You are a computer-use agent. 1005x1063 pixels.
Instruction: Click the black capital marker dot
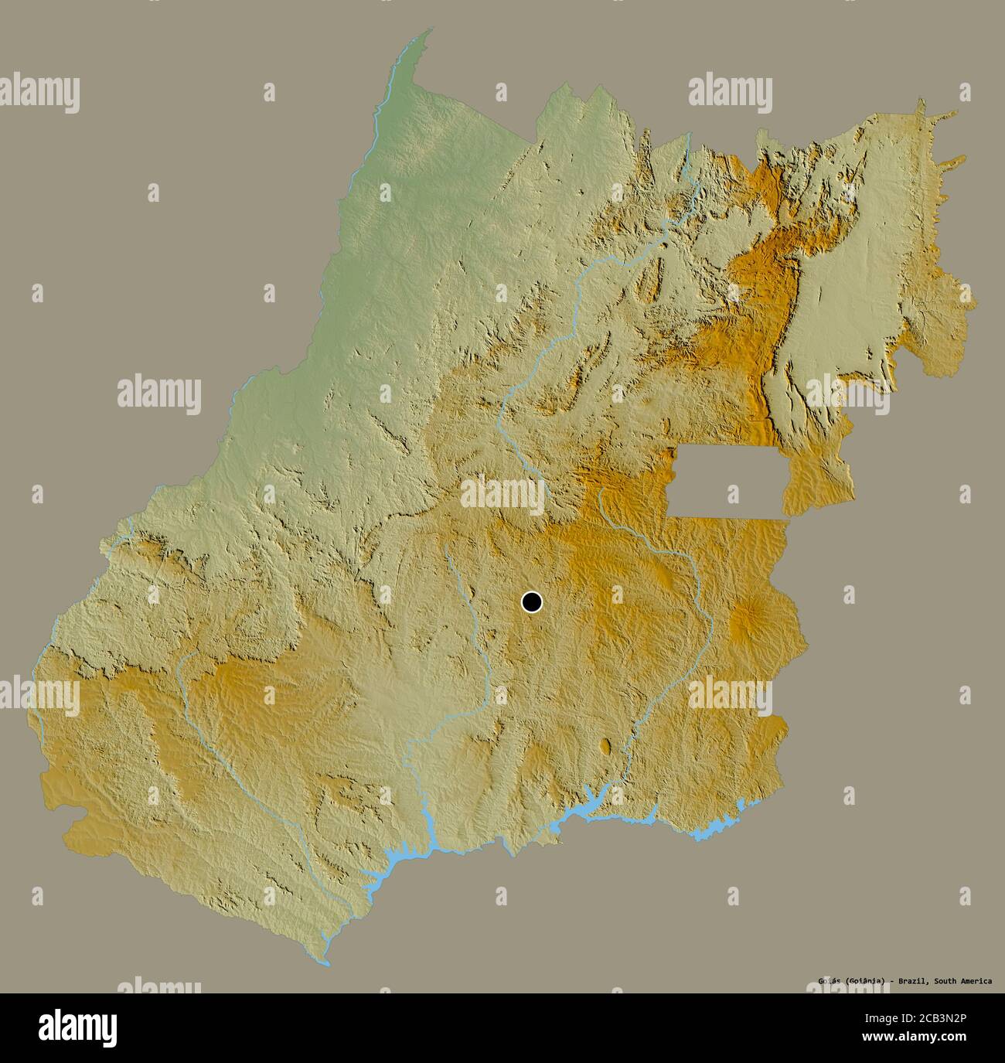[532, 601]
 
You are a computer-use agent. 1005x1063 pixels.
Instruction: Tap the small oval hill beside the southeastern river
[605, 746]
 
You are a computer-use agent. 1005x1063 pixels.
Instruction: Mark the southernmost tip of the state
[325, 962]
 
